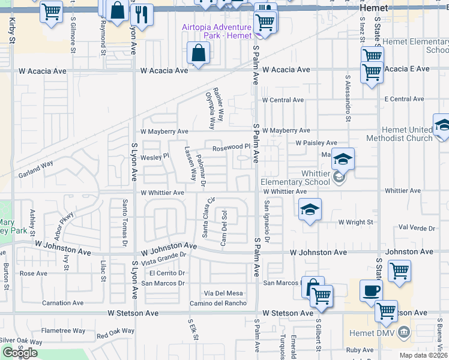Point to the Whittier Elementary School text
tap(296, 182)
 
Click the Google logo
tap(20, 353)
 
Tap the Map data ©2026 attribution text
tap(423, 355)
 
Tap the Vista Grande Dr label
tap(164, 258)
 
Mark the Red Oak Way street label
tap(115, 331)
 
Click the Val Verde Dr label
tap(417, 229)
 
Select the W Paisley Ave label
tap(316, 143)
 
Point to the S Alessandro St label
tap(348, 98)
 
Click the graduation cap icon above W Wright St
tap(309, 209)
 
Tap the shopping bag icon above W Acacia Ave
tap(197, 53)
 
